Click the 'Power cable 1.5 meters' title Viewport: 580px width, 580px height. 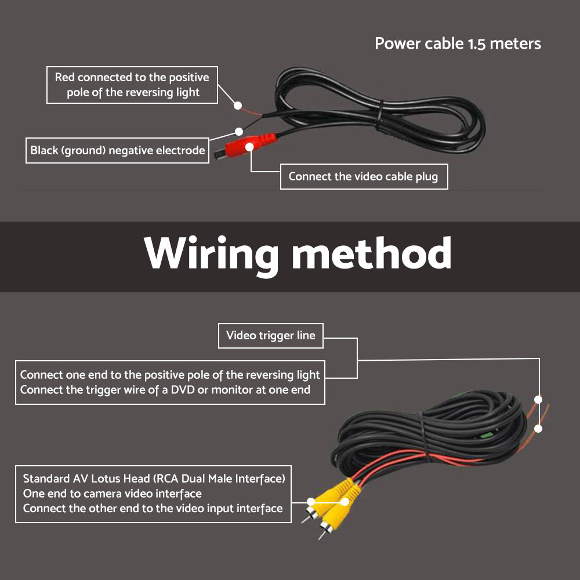pos(458,43)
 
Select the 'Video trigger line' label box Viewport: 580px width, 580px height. pos(270,336)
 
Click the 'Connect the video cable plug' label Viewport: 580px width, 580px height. pos(363,176)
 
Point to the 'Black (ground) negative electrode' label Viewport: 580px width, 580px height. pos(118,151)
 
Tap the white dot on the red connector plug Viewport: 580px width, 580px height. pos(249,147)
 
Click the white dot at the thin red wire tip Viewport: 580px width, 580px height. pos(237,106)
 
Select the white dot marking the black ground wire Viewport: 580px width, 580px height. pos(238,132)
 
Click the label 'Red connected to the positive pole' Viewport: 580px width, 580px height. pos(132,85)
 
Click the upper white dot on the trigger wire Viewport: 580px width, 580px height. pos(538,400)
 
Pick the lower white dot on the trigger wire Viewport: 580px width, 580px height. pos(538,429)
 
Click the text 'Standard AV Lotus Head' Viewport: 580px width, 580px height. pos(89,479)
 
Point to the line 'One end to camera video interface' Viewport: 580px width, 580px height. pos(112,494)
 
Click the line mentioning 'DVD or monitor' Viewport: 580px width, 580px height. pos(165,390)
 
